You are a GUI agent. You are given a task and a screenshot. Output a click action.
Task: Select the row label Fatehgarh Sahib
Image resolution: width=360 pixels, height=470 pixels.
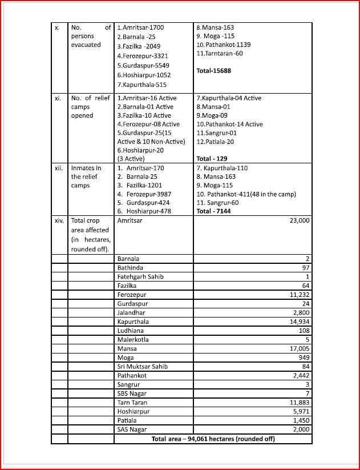tap(140, 276)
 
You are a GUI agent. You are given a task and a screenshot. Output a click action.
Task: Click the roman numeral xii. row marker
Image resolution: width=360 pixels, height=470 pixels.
tap(58, 168)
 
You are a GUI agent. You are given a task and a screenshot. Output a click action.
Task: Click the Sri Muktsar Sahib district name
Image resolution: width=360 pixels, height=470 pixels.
tap(142, 366)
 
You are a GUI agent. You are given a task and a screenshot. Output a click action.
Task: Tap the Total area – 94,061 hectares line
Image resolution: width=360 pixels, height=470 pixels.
tap(213, 439)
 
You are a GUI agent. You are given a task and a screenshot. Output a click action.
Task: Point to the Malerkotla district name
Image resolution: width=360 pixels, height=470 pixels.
tap(133, 339)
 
